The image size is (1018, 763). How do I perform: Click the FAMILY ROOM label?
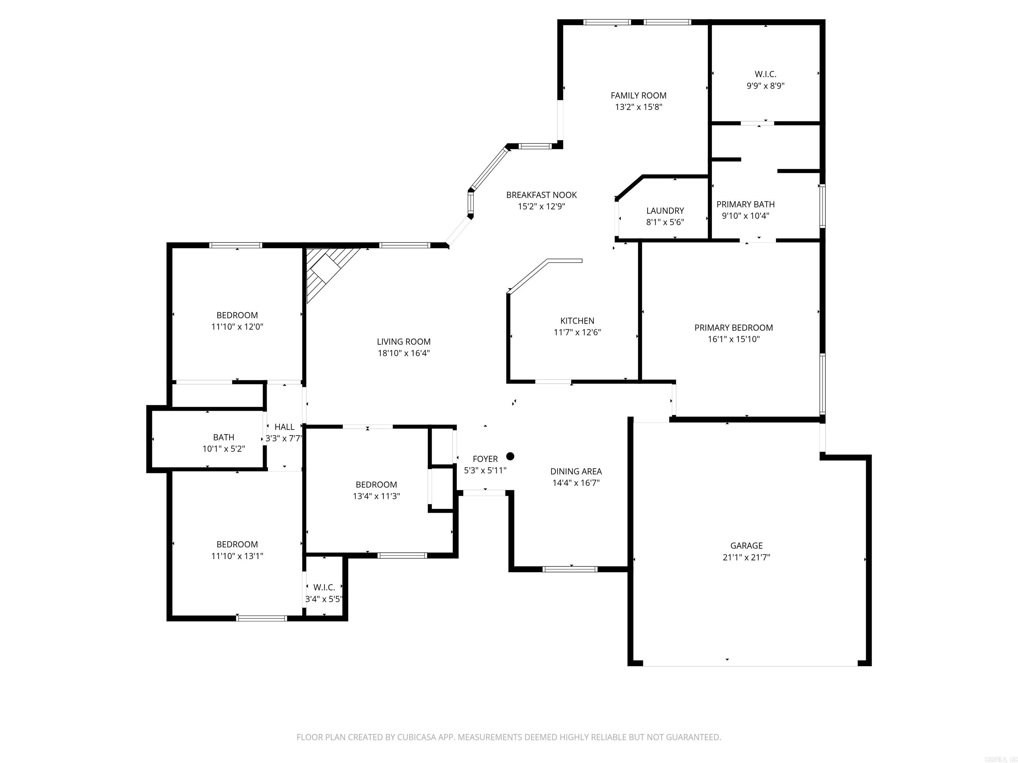click(x=638, y=96)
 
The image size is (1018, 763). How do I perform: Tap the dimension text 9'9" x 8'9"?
click(x=765, y=85)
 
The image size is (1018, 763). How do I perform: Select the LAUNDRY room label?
click(x=665, y=211)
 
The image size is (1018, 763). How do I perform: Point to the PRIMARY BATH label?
click(x=745, y=204)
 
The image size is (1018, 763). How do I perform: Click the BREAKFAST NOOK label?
click(x=541, y=195)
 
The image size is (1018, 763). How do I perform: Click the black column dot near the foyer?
click(x=510, y=456)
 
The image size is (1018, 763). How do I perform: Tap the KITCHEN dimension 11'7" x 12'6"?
click(x=577, y=332)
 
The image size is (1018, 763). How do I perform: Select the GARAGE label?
click(x=746, y=545)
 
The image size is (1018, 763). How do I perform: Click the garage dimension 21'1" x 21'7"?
click(x=746, y=557)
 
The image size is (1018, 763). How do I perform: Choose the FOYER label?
click(x=485, y=459)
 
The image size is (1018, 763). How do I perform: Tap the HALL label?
click(x=284, y=427)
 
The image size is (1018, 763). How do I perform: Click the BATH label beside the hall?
click(x=224, y=437)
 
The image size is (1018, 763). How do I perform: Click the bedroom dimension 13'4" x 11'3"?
click(x=376, y=496)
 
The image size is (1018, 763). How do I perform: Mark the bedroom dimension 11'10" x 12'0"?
click(x=237, y=327)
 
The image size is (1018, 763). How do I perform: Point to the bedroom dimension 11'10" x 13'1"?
click(x=237, y=556)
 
